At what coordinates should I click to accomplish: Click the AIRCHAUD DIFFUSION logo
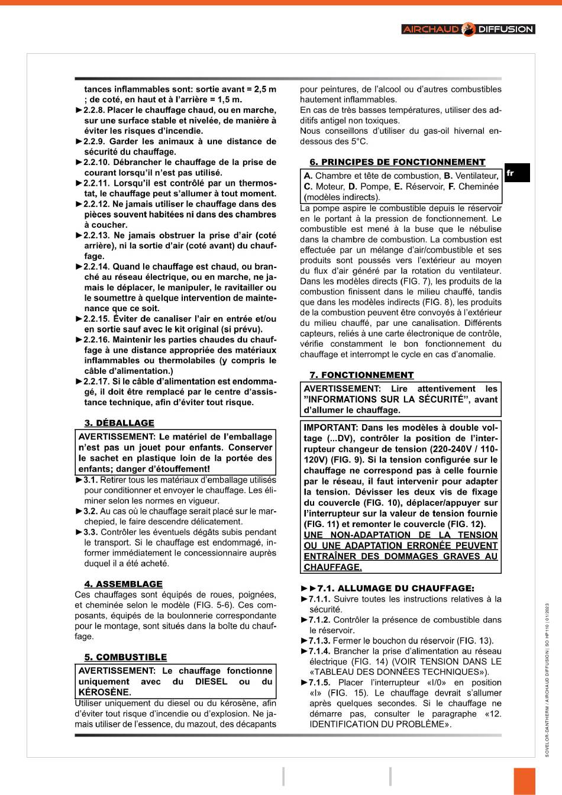(468, 29)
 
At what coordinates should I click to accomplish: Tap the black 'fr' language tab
(516, 173)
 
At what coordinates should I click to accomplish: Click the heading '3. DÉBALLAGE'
(119, 423)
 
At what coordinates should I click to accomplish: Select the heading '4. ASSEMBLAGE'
(123, 584)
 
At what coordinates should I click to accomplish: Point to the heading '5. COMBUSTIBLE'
(125, 657)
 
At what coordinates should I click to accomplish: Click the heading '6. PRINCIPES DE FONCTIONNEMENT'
(397, 162)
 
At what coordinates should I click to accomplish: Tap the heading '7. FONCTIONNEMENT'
(361, 375)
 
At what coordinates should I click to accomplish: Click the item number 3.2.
(90, 511)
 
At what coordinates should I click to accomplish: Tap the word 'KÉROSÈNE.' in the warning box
(105, 692)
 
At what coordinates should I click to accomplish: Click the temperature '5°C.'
(357, 141)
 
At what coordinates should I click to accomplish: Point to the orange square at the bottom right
(524, 781)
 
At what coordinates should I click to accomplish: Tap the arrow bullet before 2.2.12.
(79, 204)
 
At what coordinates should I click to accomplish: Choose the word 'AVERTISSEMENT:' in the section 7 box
(342, 389)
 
